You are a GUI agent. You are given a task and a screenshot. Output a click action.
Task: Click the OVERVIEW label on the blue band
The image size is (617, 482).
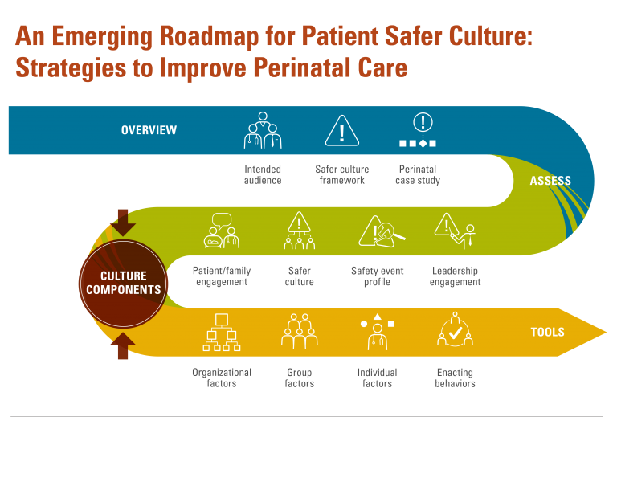coord(149,130)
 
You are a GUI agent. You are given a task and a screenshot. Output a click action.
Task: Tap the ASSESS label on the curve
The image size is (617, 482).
coord(550,181)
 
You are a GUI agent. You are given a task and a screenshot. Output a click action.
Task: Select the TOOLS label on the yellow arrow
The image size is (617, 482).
coord(547,332)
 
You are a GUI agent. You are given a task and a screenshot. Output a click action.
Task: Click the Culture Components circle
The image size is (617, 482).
coord(123,284)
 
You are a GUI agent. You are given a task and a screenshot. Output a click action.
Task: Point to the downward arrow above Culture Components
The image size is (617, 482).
coord(123,223)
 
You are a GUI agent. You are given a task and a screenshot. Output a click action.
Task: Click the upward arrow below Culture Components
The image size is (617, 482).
coord(123,346)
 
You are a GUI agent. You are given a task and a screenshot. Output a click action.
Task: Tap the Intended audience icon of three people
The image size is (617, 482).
coord(263,130)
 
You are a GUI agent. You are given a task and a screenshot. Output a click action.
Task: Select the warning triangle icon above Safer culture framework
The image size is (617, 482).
coord(342,131)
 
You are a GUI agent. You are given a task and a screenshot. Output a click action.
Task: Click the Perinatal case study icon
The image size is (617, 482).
coord(418,130)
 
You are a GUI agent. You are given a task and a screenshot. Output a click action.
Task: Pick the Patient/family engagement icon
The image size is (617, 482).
coord(222,231)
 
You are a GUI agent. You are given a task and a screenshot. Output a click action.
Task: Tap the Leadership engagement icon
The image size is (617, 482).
coord(455,231)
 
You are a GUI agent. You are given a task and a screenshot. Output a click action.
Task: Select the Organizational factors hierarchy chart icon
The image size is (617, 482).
coord(222,333)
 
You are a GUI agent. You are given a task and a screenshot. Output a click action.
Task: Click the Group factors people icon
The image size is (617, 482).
coord(300,332)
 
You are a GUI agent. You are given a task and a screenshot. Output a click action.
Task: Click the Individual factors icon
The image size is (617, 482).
coord(378,332)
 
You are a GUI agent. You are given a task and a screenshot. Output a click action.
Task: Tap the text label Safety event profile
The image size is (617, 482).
coord(377,276)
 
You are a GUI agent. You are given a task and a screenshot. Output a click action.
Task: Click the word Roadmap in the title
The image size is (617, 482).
coord(209,36)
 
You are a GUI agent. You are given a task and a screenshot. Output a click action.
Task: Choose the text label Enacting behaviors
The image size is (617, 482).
coord(455,378)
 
